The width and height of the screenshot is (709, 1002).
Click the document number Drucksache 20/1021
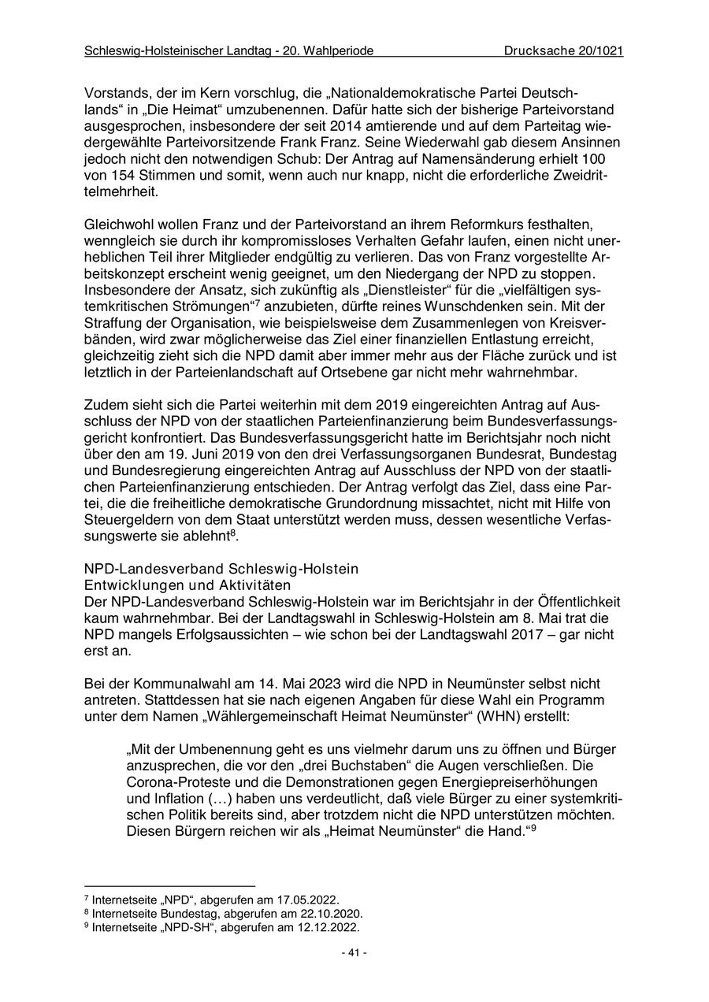pyautogui.click(x=563, y=51)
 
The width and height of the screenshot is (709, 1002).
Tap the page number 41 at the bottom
pyautogui.click(x=354, y=952)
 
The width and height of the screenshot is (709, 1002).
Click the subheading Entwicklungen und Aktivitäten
pyautogui.click(x=187, y=585)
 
